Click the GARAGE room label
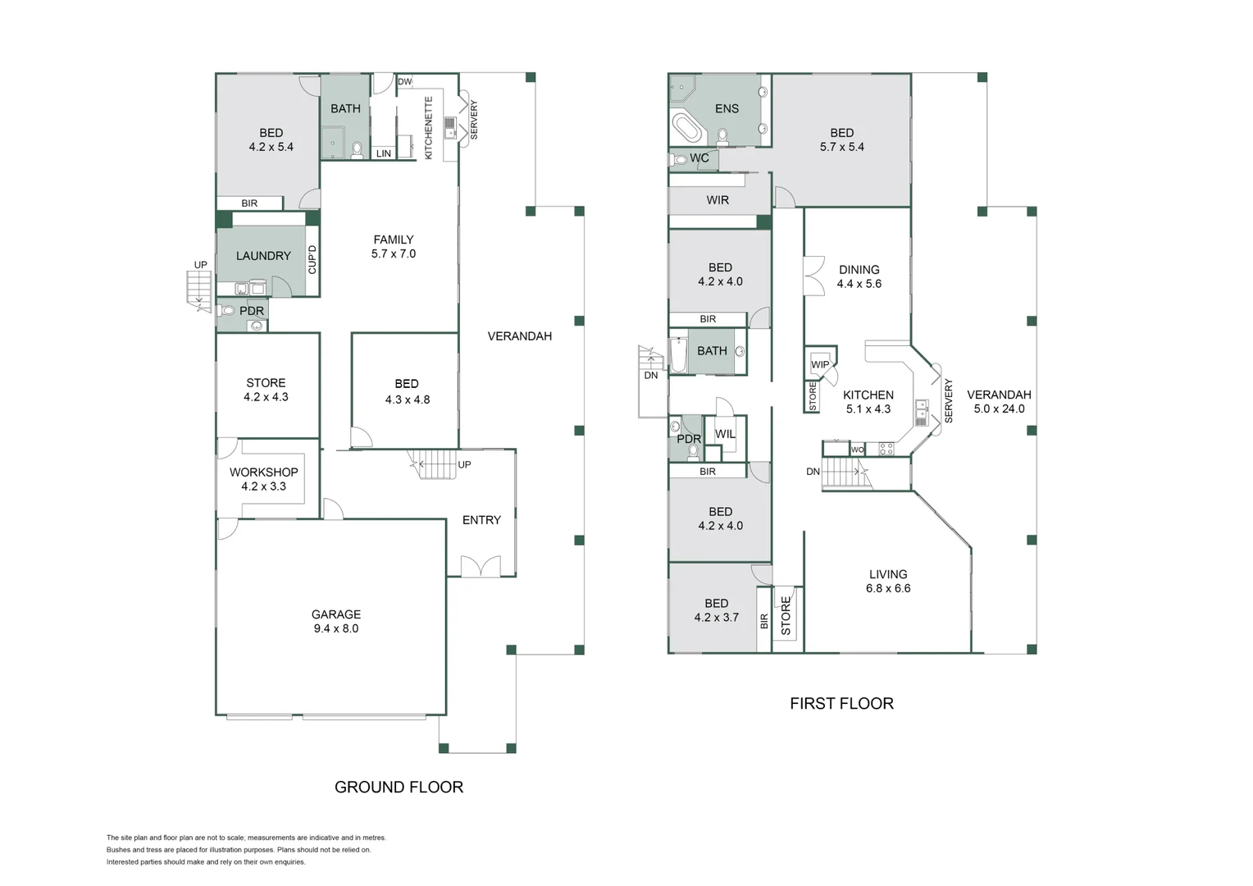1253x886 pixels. pyautogui.click(x=335, y=621)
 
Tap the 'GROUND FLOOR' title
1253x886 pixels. pyautogui.click(x=399, y=787)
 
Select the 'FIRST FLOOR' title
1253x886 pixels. pyautogui.click(x=841, y=703)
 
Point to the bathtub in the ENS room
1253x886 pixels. pyautogui.click(x=687, y=129)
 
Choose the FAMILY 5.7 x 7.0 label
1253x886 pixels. pyautogui.click(x=393, y=247)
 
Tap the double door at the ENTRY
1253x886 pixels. pyautogui.click(x=481, y=566)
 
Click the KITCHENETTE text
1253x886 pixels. pyautogui.click(x=428, y=127)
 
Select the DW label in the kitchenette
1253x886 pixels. pyautogui.click(x=404, y=82)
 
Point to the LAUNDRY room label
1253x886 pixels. pyautogui.click(x=263, y=256)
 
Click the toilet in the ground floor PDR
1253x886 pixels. pyautogui.click(x=227, y=310)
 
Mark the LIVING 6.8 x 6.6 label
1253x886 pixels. pyautogui.click(x=888, y=581)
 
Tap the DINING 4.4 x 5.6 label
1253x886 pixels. pyautogui.click(x=859, y=276)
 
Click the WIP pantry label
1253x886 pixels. pyautogui.click(x=820, y=364)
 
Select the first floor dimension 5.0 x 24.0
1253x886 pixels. pyautogui.click(x=999, y=409)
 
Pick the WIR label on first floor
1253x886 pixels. pyautogui.click(x=718, y=200)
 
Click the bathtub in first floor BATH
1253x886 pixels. pyautogui.click(x=678, y=354)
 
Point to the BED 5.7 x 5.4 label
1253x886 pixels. pyautogui.click(x=841, y=139)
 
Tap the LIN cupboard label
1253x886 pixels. pyautogui.click(x=384, y=153)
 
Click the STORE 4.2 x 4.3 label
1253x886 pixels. pyautogui.click(x=266, y=390)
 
